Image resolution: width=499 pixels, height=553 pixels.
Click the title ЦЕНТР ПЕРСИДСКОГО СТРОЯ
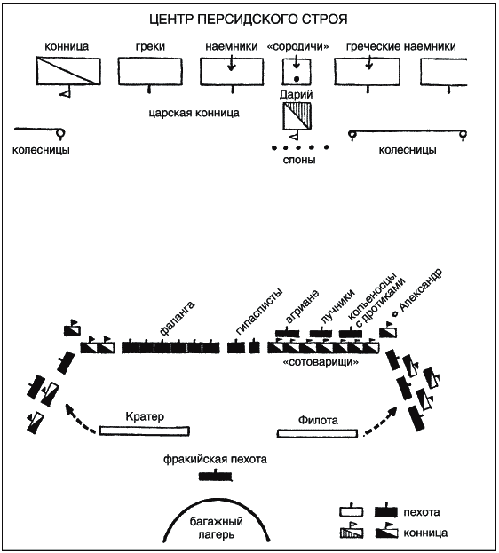tap(249, 20)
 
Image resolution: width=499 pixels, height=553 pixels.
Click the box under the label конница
tap(68, 71)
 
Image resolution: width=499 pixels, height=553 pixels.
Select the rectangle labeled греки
tap(150, 72)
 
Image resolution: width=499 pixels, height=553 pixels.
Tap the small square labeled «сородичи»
tap(297, 72)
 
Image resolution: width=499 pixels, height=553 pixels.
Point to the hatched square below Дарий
tap(297, 116)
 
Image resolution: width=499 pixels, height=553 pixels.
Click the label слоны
tap(299, 160)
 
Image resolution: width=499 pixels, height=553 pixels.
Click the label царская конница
tap(194, 113)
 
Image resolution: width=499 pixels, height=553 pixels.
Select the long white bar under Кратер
tap(145, 431)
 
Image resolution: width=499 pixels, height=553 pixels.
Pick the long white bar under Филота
tap(317, 433)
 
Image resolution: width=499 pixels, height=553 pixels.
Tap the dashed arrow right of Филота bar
tap(381, 422)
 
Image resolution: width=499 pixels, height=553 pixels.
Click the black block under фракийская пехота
tap(216, 477)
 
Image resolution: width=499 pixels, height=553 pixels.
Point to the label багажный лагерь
tap(216, 528)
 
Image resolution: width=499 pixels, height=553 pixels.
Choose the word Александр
tap(421, 290)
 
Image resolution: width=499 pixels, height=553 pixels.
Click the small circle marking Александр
tap(395, 313)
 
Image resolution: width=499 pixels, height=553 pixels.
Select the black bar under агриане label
tap(288, 333)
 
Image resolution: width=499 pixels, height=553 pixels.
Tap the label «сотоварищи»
tap(321, 362)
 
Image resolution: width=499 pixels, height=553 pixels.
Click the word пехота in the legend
tap(422, 512)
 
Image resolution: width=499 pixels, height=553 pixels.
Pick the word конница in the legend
tap(425, 533)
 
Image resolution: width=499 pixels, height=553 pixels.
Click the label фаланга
tap(177, 318)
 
